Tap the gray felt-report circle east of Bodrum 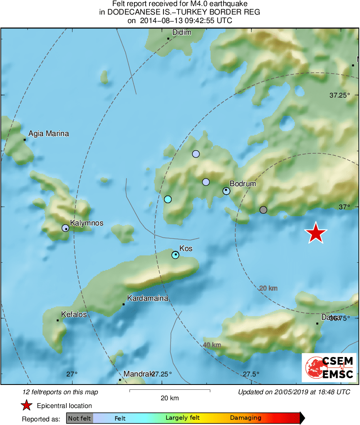pos(263,210)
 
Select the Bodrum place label pos(243,184)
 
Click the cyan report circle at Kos pos(175,255)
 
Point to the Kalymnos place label pos(87,223)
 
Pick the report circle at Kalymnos pos(65,228)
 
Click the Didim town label pos(181,32)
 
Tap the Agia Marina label pos(49,134)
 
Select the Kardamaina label pos(147,299)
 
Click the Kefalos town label pos(74,314)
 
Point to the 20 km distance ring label pos(268,288)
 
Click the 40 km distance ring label pos(212,345)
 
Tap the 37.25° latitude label pos(339,96)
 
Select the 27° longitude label pos(72,374)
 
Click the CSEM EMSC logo pos(329,368)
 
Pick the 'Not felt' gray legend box pos(79,418)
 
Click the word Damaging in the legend pos(245,418)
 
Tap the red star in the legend pos(26,405)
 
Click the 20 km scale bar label pos(169,398)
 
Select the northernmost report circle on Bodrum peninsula pos(196,154)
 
